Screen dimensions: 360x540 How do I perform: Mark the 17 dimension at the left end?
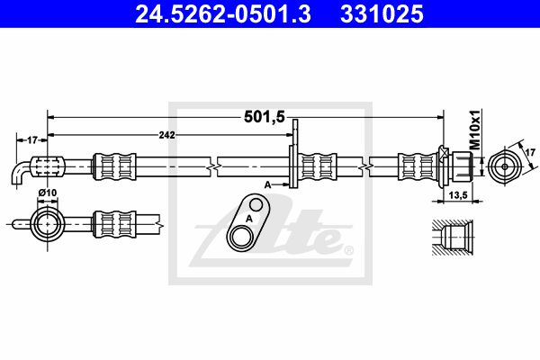pyautogui.click(x=31, y=139)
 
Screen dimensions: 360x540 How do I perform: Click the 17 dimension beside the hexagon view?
pyautogui.click(x=530, y=154)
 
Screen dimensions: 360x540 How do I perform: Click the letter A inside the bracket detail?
pyautogui.click(x=248, y=218)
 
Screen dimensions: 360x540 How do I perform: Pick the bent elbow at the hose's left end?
pyautogui.click(x=22, y=173)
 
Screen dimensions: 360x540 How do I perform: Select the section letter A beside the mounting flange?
pyautogui.click(x=267, y=183)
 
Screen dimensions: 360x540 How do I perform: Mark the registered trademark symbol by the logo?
pyautogui.click(x=349, y=249)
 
